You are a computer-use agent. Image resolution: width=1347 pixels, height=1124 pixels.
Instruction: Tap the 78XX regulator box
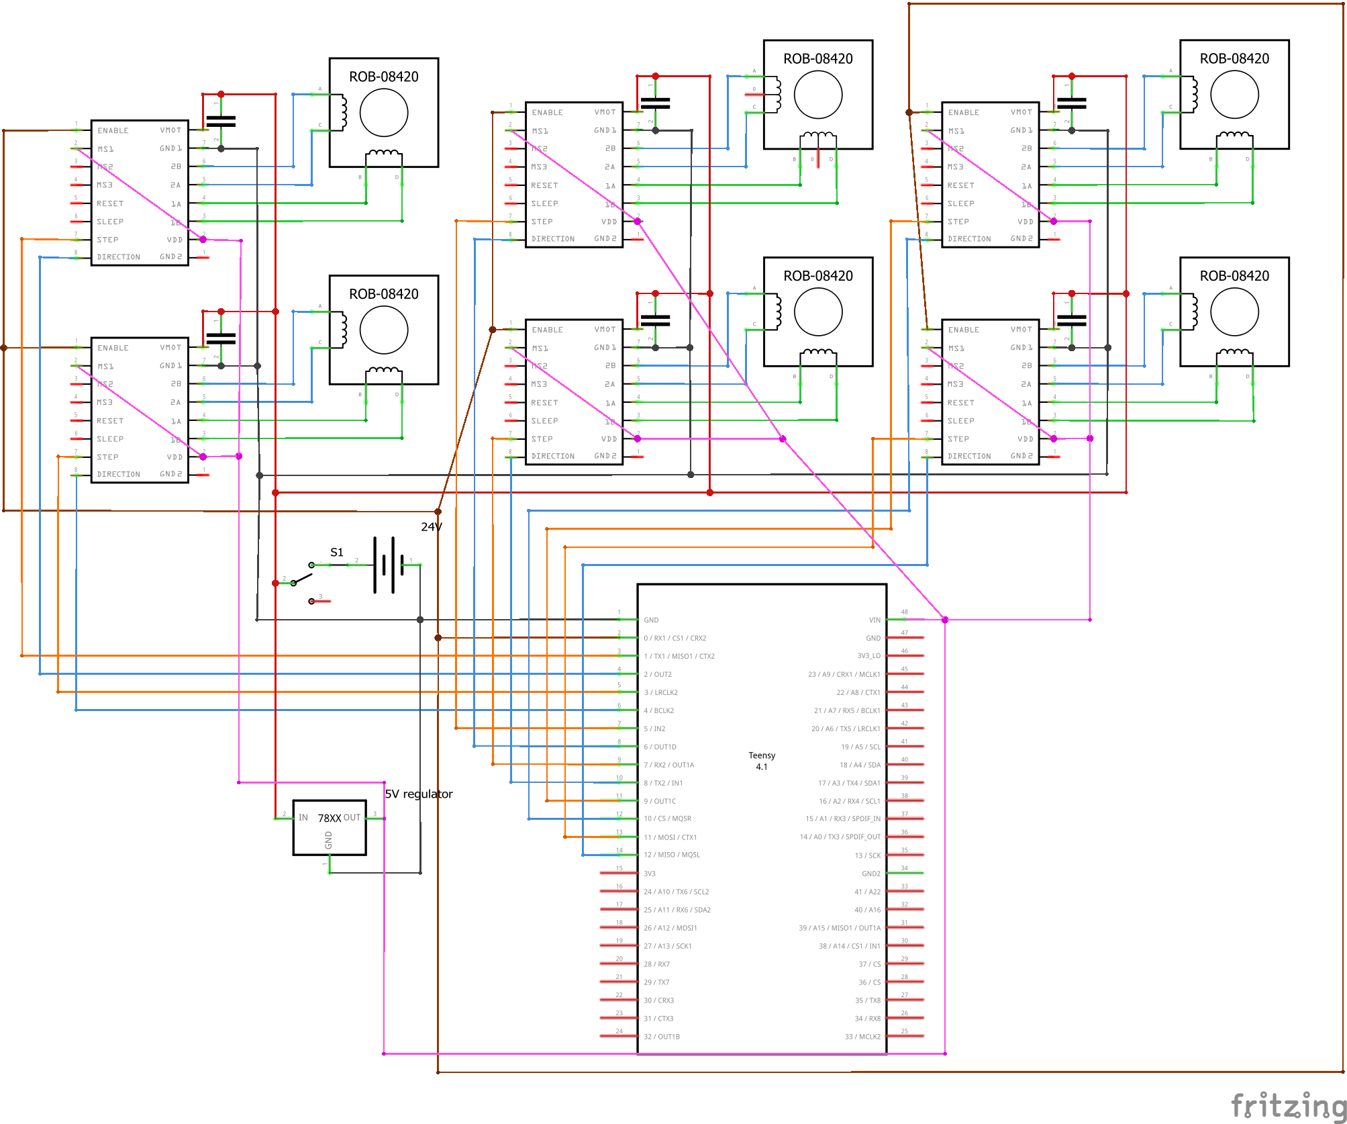click(330, 827)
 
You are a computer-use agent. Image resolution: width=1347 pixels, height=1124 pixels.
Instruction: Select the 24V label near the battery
click(432, 527)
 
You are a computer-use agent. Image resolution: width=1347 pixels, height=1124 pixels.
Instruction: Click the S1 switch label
click(337, 553)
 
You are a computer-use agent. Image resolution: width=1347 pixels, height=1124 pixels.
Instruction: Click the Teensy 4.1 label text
click(762, 761)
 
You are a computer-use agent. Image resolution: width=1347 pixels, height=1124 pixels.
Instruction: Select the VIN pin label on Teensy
click(875, 620)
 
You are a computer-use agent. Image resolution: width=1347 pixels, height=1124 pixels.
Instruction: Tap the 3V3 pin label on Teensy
click(650, 874)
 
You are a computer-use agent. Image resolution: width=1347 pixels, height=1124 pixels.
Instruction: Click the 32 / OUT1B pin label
click(662, 1037)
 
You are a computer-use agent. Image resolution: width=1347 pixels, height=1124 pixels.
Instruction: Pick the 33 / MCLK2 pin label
click(862, 1037)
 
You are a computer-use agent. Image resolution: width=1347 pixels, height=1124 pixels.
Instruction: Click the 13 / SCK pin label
click(867, 855)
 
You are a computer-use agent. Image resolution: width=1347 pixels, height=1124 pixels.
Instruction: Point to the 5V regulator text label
click(419, 794)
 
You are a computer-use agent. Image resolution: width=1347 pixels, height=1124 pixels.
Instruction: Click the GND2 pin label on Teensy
click(870, 874)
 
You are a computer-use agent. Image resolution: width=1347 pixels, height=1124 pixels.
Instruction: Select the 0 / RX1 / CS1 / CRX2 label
click(675, 639)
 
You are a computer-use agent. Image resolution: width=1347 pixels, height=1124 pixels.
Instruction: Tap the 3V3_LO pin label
click(868, 656)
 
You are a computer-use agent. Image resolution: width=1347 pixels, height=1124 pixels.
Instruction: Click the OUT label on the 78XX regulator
click(352, 817)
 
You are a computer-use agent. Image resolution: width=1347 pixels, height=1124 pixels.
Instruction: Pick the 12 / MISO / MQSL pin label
click(672, 855)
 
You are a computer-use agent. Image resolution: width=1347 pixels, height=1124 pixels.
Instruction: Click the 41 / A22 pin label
click(867, 892)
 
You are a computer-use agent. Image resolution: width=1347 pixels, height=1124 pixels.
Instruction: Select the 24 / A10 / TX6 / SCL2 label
click(676, 892)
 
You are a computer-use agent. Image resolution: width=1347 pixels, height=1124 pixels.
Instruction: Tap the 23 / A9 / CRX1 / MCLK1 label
click(844, 674)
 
